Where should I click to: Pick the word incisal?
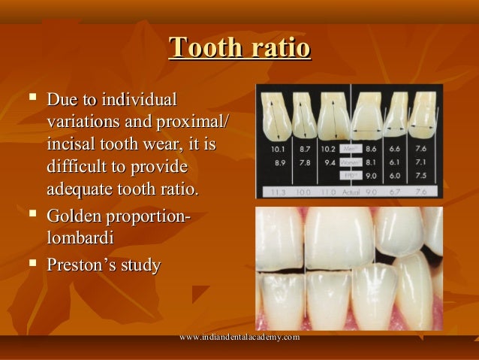[x=72, y=143]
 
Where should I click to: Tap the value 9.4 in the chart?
[x=329, y=162]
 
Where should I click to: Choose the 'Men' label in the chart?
[x=349, y=149]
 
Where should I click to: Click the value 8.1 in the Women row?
[x=371, y=161]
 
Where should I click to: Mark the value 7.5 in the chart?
[x=420, y=174]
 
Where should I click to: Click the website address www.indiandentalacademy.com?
[x=240, y=337]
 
